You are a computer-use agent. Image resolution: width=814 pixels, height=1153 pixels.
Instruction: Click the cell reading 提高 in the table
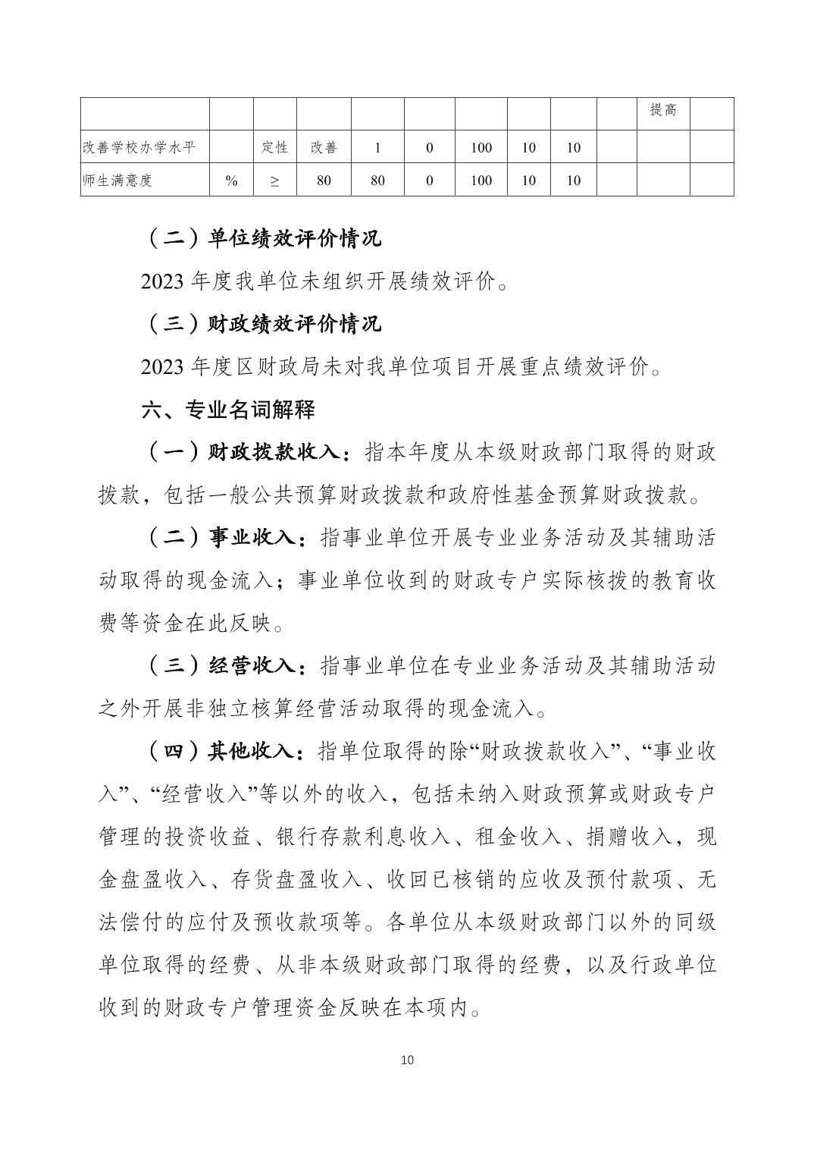tap(662, 111)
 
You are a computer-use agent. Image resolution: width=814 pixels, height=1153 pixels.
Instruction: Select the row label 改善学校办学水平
tap(139, 147)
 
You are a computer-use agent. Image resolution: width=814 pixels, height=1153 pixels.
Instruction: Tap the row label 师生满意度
tap(117, 181)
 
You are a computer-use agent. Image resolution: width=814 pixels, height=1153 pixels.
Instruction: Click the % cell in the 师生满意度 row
tap(231, 181)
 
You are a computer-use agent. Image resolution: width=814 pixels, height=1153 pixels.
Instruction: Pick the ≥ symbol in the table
tap(274, 181)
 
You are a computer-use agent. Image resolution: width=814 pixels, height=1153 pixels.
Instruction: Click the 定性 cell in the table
tap(274, 147)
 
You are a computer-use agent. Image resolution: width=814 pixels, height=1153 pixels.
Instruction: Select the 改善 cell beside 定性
tap(324, 147)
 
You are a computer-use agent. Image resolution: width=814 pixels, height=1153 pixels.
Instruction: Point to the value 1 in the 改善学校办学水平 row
tap(377, 148)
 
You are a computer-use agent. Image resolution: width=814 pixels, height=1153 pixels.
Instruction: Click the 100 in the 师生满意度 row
tap(481, 181)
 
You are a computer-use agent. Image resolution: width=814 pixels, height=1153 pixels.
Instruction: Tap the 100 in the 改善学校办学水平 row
tap(481, 148)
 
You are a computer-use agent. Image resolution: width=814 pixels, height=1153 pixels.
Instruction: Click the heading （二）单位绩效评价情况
tap(261, 238)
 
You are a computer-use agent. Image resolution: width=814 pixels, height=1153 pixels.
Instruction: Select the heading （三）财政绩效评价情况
tap(261, 324)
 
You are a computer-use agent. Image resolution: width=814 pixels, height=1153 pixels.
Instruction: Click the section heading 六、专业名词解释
tap(228, 410)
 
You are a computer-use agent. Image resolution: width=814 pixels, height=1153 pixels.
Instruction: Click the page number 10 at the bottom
tap(407, 1060)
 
